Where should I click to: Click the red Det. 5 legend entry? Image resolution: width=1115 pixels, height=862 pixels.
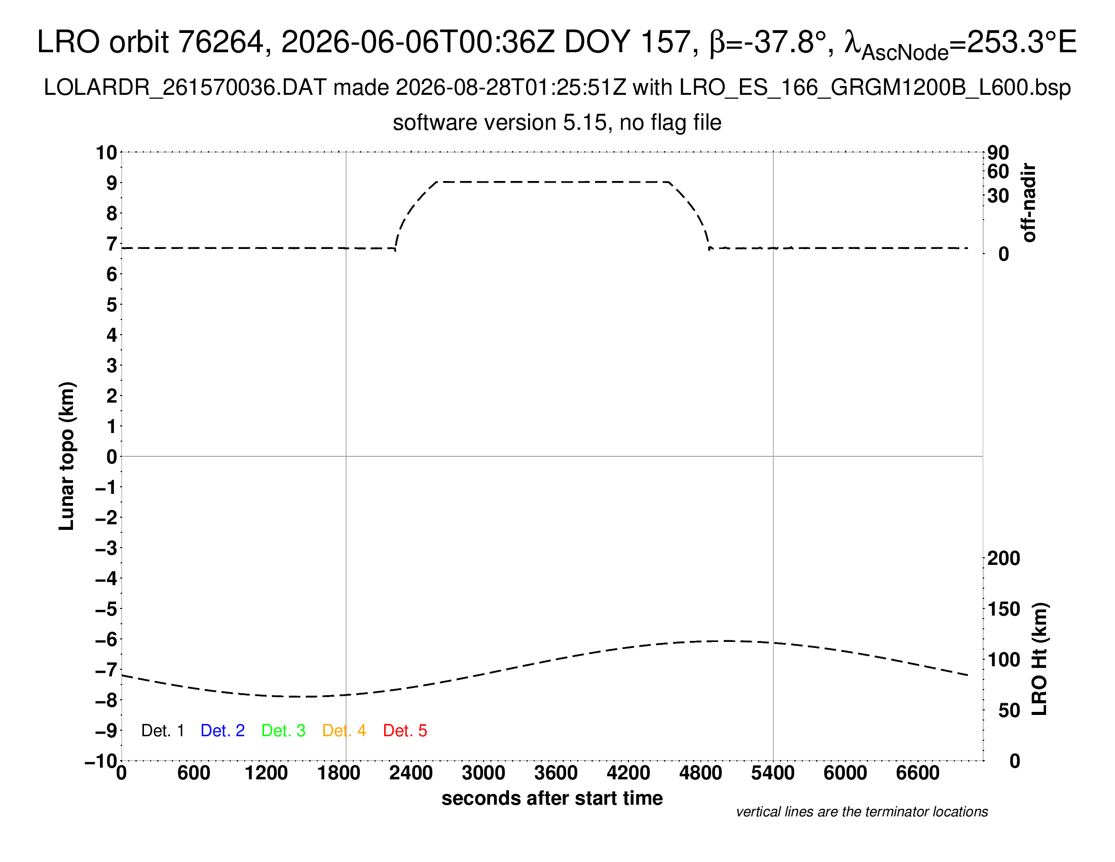[x=405, y=730]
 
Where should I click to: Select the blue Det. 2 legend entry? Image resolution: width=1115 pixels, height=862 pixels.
[x=222, y=730]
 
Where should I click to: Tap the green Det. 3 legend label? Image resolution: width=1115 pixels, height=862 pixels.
[x=283, y=730]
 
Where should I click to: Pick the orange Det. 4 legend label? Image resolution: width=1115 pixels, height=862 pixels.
[x=344, y=730]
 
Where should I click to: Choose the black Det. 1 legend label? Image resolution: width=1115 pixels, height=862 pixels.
[x=162, y=730]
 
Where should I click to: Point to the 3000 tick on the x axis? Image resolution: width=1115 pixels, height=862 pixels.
[x=483, y=773]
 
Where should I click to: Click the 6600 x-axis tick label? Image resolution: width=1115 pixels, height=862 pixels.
[x=917, y=773]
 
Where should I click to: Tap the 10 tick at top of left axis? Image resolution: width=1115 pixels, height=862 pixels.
[x=107, y=152]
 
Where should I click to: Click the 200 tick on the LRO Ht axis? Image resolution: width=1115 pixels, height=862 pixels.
[x=1003, y=558]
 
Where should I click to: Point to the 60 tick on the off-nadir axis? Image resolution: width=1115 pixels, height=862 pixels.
[x=998, y=171]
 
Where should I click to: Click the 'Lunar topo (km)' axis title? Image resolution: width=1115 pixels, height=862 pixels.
[x=66, y=456]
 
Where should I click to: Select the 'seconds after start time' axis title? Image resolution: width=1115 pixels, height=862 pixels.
[x=552, y=798]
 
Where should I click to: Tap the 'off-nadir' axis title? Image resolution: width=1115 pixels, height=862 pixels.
[x=1028, y=203]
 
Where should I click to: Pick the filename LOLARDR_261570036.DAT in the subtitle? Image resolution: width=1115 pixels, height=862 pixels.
[x=185, y=88]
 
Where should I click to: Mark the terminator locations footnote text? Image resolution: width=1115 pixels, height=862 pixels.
[x=862, y=812]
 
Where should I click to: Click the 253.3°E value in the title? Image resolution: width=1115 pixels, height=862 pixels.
[x=1022, y=42]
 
